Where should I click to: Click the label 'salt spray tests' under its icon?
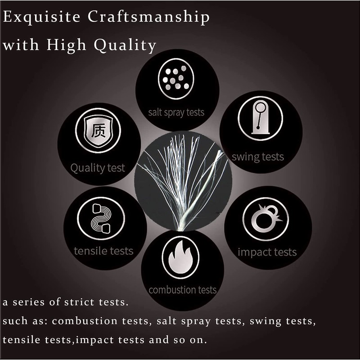pos(176,112)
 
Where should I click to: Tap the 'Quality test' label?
pos(97,168)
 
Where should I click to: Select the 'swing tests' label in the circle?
pos(257,157)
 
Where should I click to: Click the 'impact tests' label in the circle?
pos(267,252)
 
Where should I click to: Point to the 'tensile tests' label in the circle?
pos(103,250)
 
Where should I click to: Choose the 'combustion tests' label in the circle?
pos(182,289)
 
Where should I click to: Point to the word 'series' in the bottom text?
pos(33,302)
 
